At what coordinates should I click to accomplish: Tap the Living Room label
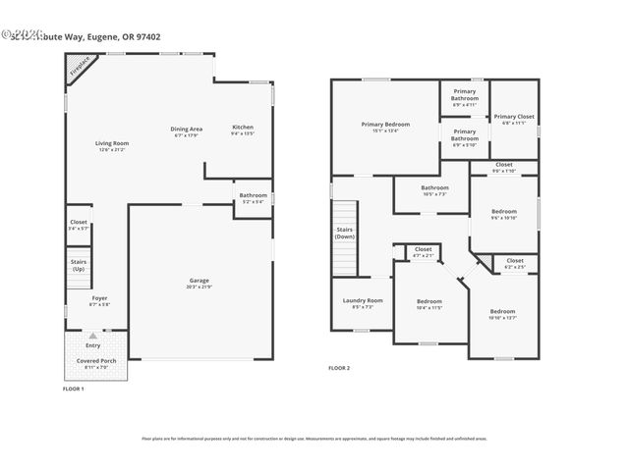point(112,143)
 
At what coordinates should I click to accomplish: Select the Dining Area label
point(187,129)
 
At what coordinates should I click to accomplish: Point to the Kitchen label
point(243,128)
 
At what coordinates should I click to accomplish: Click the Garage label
point(200,281)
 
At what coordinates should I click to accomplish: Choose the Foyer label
point(99,297)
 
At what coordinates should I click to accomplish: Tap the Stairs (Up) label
point(79,265)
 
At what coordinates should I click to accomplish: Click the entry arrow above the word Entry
point(93,336)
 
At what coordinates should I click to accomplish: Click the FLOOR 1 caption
point(75,389)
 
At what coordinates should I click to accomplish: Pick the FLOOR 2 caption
point(338,368)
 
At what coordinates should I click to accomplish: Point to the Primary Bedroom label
point(384,125)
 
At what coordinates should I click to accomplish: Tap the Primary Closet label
point(513,116)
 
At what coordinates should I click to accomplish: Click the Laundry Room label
point(362,300)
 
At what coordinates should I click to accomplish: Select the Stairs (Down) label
point(344,234)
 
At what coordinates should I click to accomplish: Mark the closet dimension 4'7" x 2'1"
point(424,255)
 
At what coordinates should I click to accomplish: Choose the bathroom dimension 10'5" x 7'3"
point(434,194)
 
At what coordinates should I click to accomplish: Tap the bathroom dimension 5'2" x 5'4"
point(253,202)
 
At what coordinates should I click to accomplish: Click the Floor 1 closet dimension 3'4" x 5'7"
point(79,228)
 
